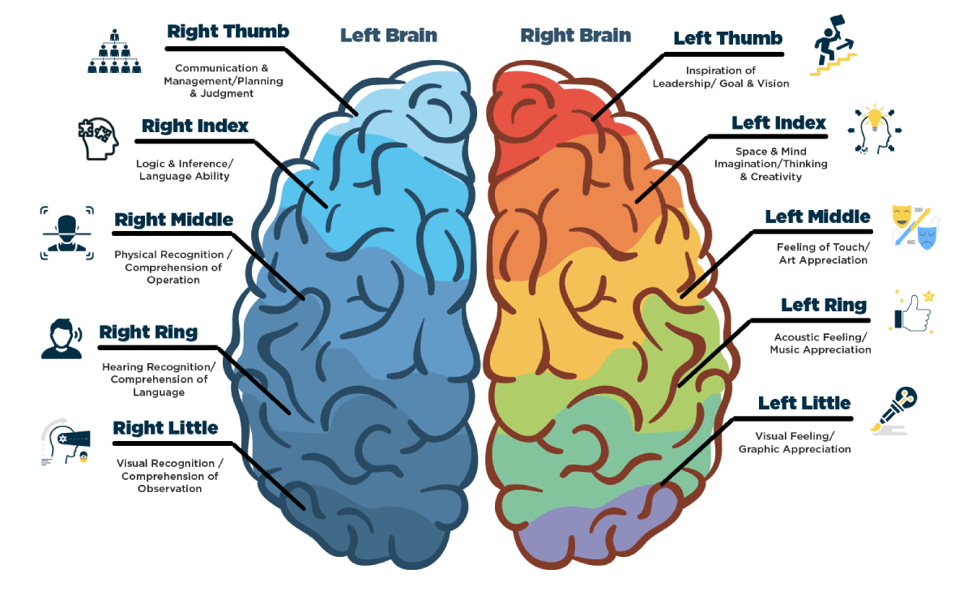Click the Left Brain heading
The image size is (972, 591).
388,36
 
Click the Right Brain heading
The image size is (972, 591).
575,36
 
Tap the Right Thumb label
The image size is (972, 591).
228,32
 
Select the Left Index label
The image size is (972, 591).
778,123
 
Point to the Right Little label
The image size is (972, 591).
165,428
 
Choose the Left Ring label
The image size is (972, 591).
823,306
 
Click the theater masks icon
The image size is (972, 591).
914,226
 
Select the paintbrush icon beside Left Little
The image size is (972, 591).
894,409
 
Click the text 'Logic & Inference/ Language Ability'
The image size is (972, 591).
184,170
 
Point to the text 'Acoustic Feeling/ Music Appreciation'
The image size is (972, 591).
820,344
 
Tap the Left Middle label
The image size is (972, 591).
817,217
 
